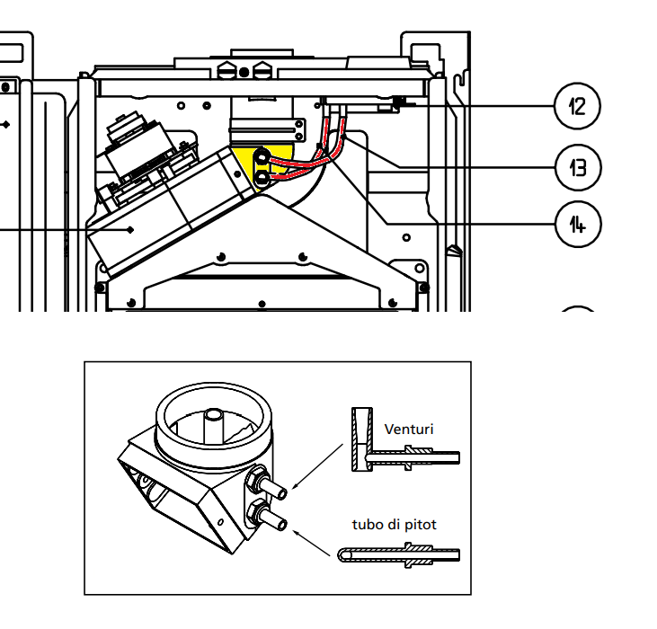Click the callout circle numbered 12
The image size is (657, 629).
coord(577,106)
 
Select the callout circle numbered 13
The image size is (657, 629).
coord(578,167)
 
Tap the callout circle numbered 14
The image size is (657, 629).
coord(578,225)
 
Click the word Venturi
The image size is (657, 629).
coord(409,430)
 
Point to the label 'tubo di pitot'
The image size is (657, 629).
coord(395,524)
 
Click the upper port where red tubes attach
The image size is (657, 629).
coord(262,157)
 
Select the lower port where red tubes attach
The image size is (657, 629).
coord(262,179)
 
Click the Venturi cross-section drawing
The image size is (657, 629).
coord(405,439)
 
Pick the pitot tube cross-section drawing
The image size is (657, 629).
coord(399,555)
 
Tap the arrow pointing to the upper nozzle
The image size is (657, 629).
coord(317,466)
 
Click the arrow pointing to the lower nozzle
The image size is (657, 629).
coord(311,543)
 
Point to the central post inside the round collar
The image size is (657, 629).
coord(214,425)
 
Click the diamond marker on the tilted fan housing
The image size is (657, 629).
coord(130,229)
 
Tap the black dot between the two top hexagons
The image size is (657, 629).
coord(244,73)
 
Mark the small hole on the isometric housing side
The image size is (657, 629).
coord(221,522)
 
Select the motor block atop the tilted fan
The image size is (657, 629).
coord(138,146)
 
